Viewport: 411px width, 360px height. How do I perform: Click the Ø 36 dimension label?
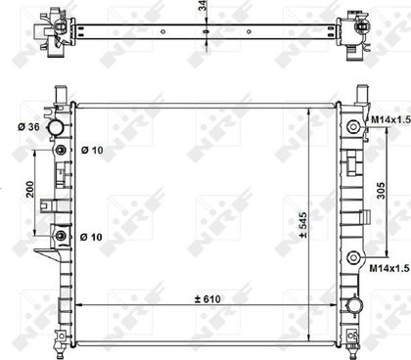pyautogui.click(x=28, y=127)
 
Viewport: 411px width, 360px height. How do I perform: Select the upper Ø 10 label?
pyautogui.click(x=92, y=150)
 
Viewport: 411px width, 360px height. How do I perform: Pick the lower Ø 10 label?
pyautogui.click(x=91, y=237)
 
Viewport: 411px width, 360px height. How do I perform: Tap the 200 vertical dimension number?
pyautogui.click(x=30, y=189)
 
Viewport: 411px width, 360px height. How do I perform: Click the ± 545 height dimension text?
pyautogui.click(x=303, y=225)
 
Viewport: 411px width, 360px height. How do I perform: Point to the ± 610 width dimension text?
pyautogui.click(x=207, y=298)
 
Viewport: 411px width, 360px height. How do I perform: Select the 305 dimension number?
pyautogui.click(x=381, y=191)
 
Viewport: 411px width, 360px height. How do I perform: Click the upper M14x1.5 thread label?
pyautogui.click(x=390, y=120)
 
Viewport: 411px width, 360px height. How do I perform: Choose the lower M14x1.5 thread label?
pyautogui.click(x=388, y=268)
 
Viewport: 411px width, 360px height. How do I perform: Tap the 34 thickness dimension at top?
pyautogui.click(x=204, y=5)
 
